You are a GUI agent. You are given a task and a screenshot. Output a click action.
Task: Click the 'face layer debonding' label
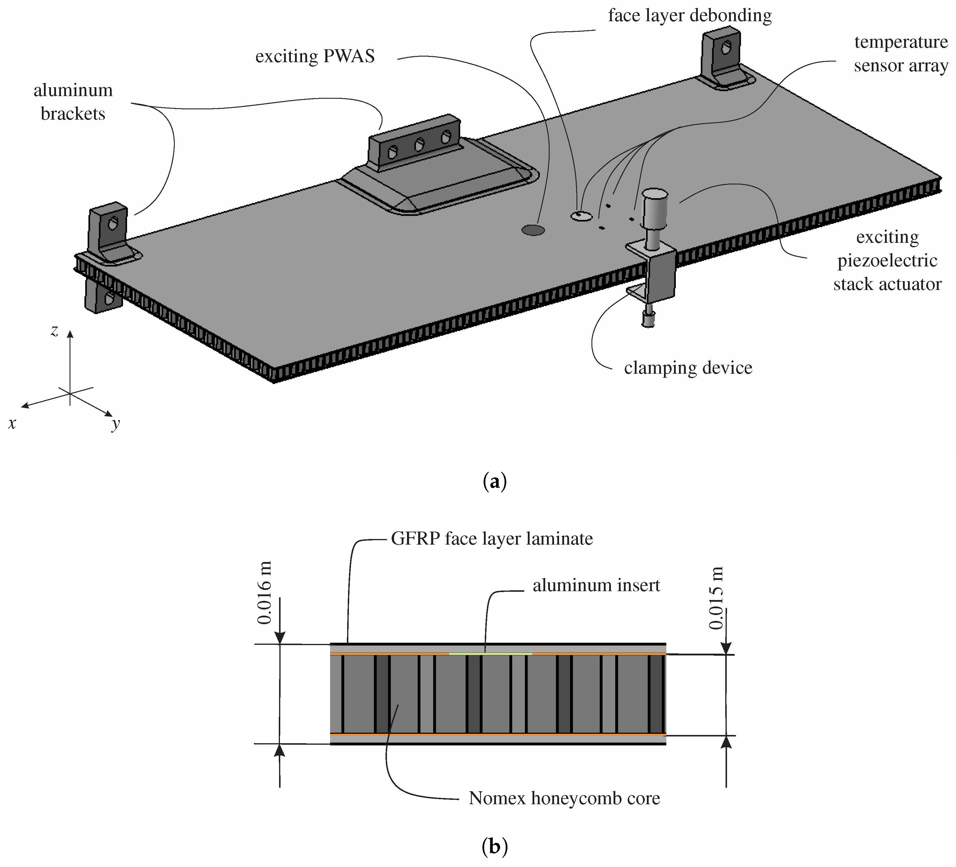690,16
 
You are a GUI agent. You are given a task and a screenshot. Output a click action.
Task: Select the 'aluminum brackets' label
73,102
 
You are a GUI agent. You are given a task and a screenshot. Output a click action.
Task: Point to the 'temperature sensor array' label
901,54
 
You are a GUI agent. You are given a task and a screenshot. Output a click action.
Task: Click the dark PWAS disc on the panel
533,230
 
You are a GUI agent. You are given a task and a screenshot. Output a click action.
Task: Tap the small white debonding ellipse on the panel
581,216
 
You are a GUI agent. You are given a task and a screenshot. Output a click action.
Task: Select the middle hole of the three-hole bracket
419,145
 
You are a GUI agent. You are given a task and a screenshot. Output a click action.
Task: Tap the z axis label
55,331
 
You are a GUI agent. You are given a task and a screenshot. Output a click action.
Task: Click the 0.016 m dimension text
265,593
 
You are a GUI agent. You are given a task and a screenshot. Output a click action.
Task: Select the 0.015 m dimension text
716,598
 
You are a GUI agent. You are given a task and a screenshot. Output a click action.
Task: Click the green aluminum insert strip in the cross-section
490,654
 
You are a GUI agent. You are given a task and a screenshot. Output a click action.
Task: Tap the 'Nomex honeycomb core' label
564,798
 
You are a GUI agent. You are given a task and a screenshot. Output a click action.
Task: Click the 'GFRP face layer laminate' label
492,539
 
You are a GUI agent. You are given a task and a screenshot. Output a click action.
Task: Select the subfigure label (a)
494,482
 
